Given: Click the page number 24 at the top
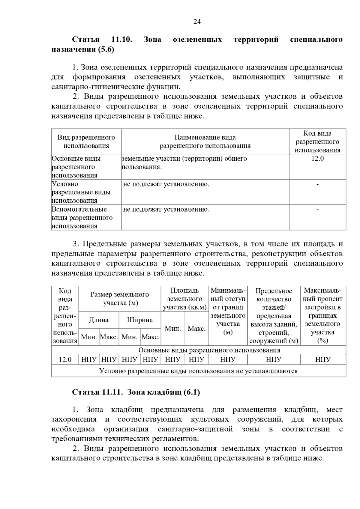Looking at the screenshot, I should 197,22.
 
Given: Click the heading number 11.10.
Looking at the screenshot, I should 121,39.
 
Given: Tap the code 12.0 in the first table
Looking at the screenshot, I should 317,159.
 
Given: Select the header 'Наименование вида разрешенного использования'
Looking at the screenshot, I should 205,141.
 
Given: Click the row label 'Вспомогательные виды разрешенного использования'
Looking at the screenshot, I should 82,218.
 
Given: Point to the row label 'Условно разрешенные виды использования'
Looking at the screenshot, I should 81,192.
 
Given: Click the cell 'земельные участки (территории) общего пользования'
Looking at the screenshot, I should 184,162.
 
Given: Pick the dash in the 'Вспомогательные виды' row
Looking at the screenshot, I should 317,210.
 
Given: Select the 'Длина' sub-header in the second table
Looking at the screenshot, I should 99,320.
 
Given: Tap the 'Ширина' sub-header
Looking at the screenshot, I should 140,320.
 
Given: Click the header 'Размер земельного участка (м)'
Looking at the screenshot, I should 120,299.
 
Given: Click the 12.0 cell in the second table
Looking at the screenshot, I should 65,359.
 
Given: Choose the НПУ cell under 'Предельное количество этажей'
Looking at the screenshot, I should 273,359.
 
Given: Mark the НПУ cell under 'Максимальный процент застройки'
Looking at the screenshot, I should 323,359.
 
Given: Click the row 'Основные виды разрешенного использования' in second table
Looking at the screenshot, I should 209,350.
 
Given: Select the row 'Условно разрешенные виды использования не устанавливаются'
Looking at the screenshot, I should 198,371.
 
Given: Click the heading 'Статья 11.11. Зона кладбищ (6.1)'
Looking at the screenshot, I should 136,392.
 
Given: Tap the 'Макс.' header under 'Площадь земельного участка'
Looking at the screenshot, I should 196,329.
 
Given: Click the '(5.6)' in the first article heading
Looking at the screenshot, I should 106,49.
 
